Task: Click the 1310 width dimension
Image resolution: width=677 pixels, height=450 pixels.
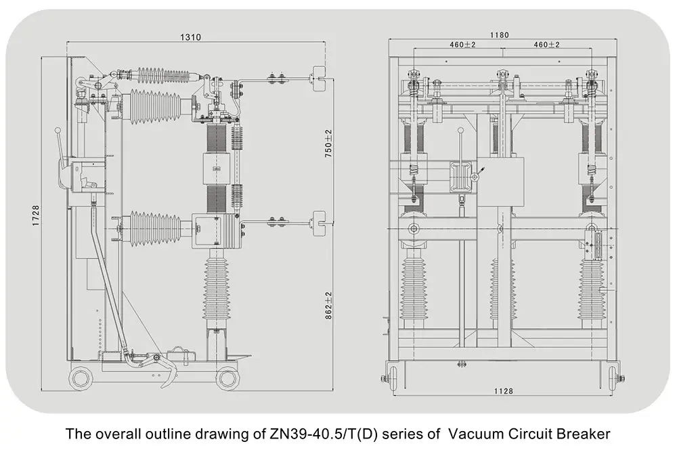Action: pos(190,38)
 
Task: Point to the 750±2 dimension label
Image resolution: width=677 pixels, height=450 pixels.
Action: pos(328,143)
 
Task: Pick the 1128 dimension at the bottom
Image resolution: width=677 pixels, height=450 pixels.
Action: pos(502,391)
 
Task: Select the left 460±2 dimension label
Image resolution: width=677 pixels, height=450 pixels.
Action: pos(462,45)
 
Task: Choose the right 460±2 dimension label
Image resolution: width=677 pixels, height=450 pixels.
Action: pos(547,45)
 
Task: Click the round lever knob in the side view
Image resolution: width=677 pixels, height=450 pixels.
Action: pos(58,131)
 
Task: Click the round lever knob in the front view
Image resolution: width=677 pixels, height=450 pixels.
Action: pos(461,131)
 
